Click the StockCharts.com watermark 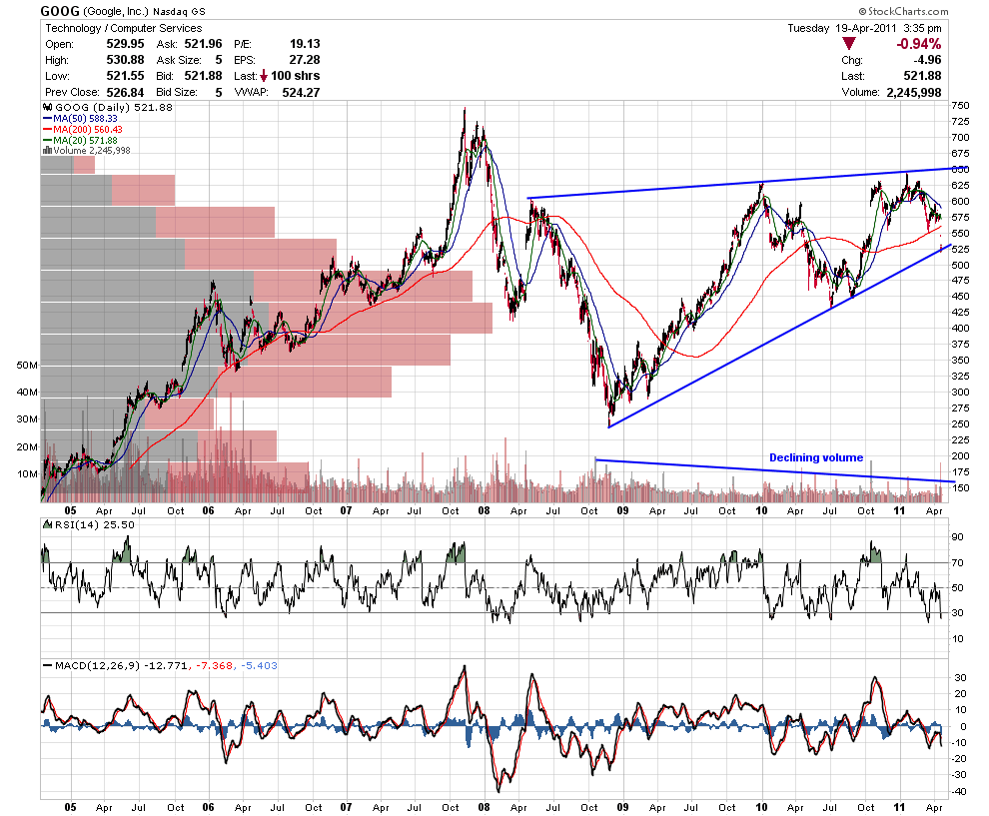903,11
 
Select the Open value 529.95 125,44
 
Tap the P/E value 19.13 305,44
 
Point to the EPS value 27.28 305,60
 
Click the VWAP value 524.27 301,92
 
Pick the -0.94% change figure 918,44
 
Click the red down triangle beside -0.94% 849,44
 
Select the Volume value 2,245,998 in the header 914,92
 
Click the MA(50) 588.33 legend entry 80,119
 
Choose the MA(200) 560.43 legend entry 83,129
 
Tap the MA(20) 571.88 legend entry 80,140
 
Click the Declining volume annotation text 816,457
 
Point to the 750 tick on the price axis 961,105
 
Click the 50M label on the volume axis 27,366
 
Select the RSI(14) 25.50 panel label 88,524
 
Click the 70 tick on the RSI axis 957,562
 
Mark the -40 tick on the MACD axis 958,791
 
